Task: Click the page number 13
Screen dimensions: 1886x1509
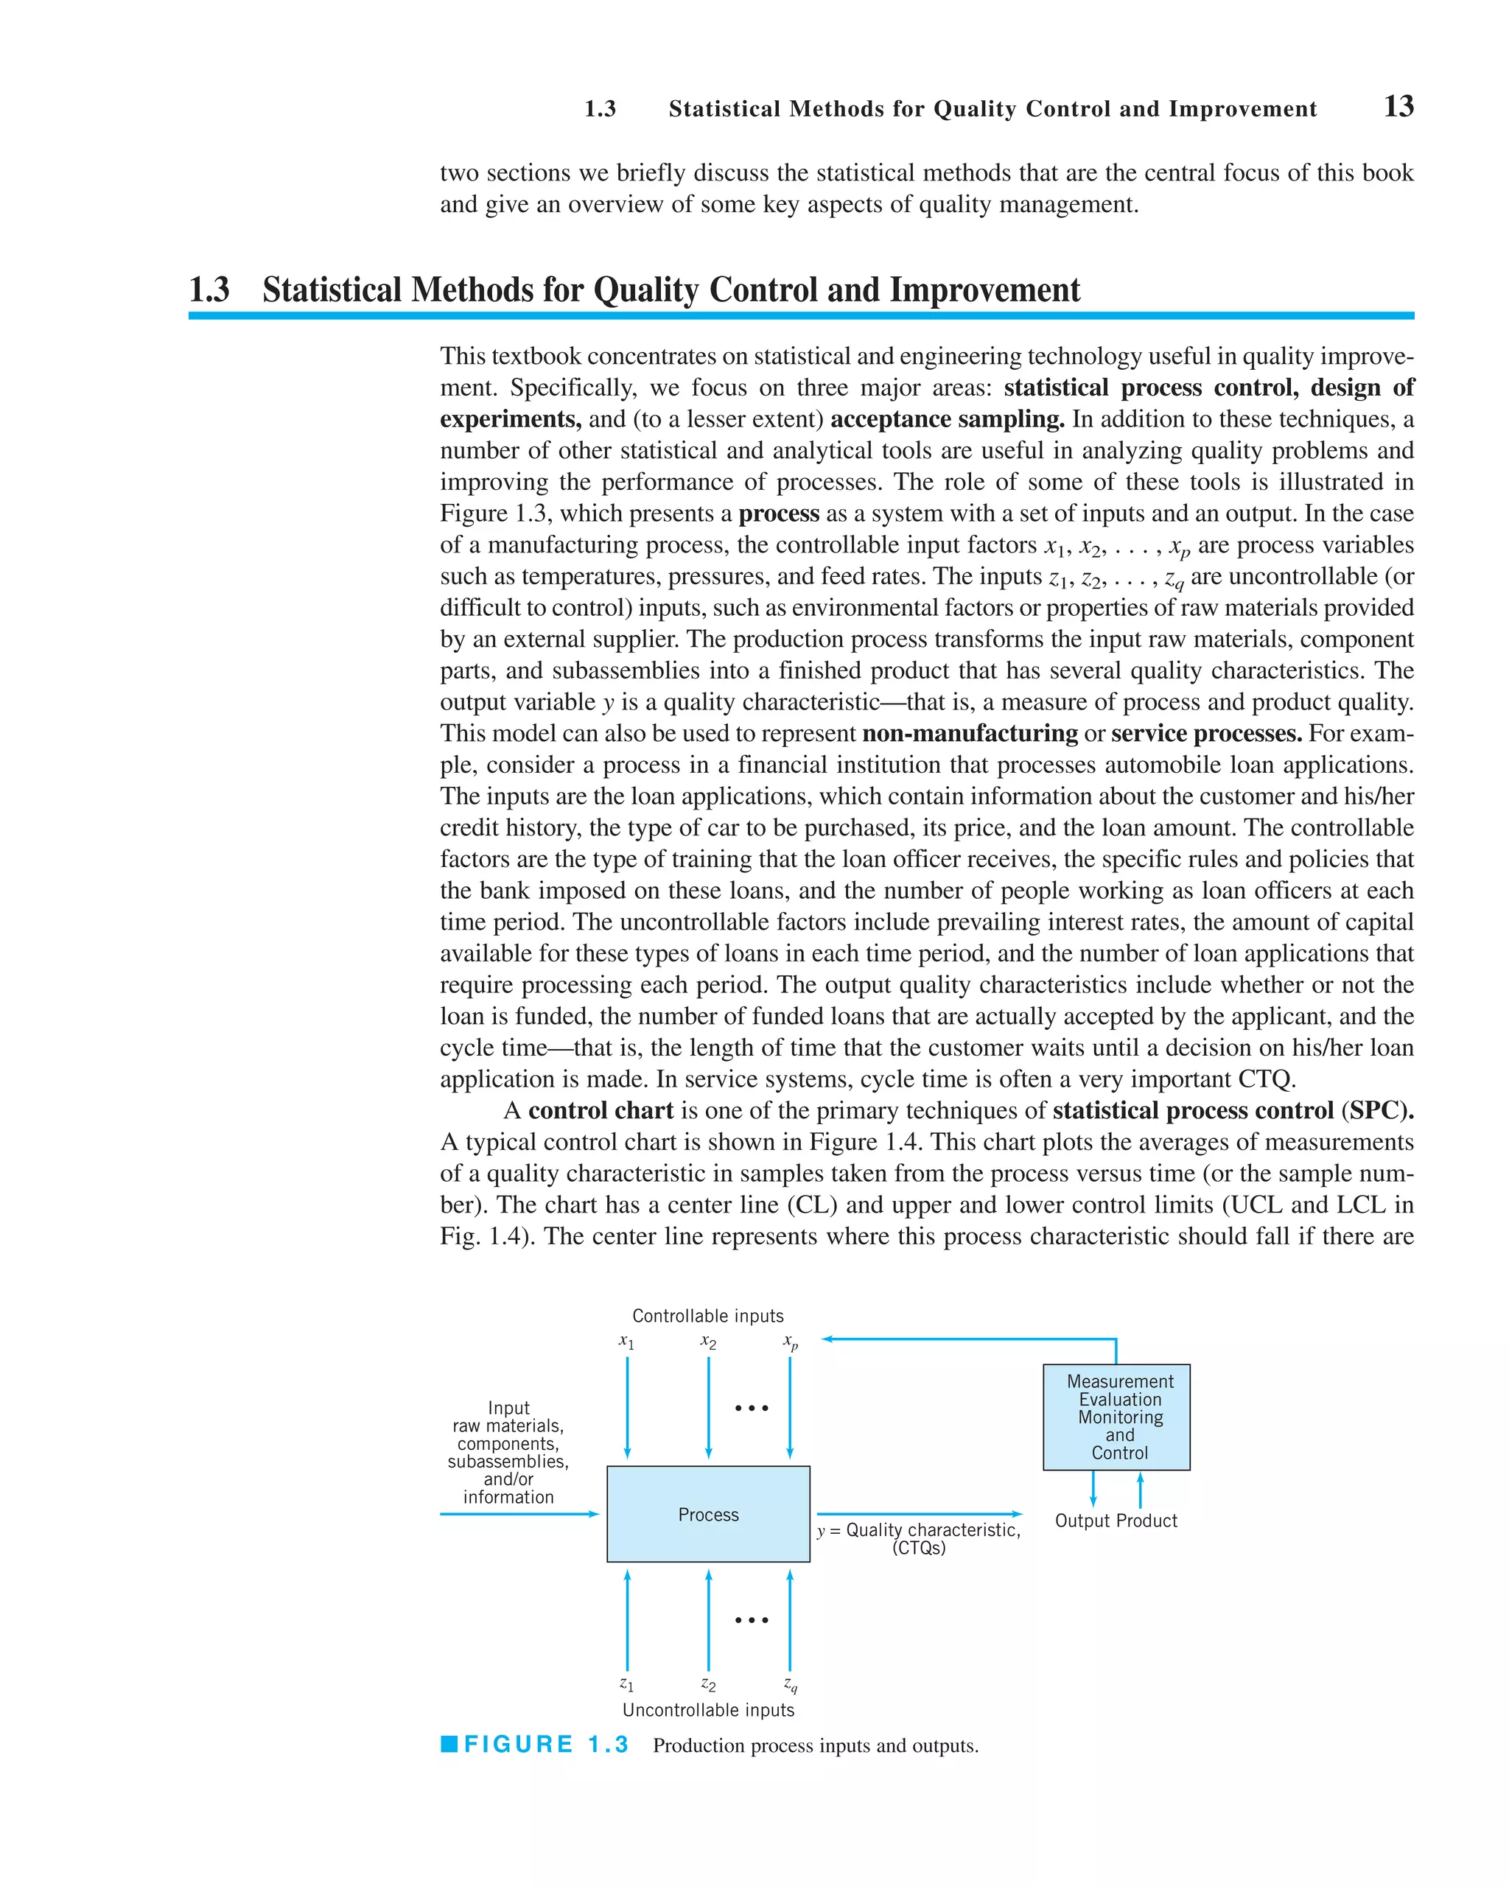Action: pos(1398,107)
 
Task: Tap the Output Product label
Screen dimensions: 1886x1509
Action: pos(1116,1521)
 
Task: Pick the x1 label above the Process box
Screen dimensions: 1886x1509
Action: pos(626,1341)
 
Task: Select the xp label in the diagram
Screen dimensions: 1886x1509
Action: pos(790,1342)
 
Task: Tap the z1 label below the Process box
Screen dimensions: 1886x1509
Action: pos(626,1683)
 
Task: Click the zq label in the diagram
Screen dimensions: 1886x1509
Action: pos(790,1684)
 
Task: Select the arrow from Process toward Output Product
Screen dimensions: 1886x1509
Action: pos(919,1513)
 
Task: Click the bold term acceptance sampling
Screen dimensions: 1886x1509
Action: pos(947,419)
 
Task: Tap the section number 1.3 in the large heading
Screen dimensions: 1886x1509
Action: pos(209,290)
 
